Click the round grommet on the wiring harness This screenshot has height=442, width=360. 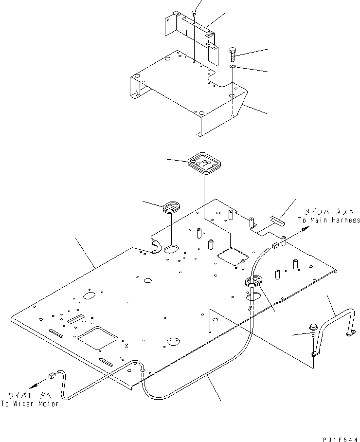click(253, 281)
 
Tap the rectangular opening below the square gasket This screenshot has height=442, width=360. click(233, 254)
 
